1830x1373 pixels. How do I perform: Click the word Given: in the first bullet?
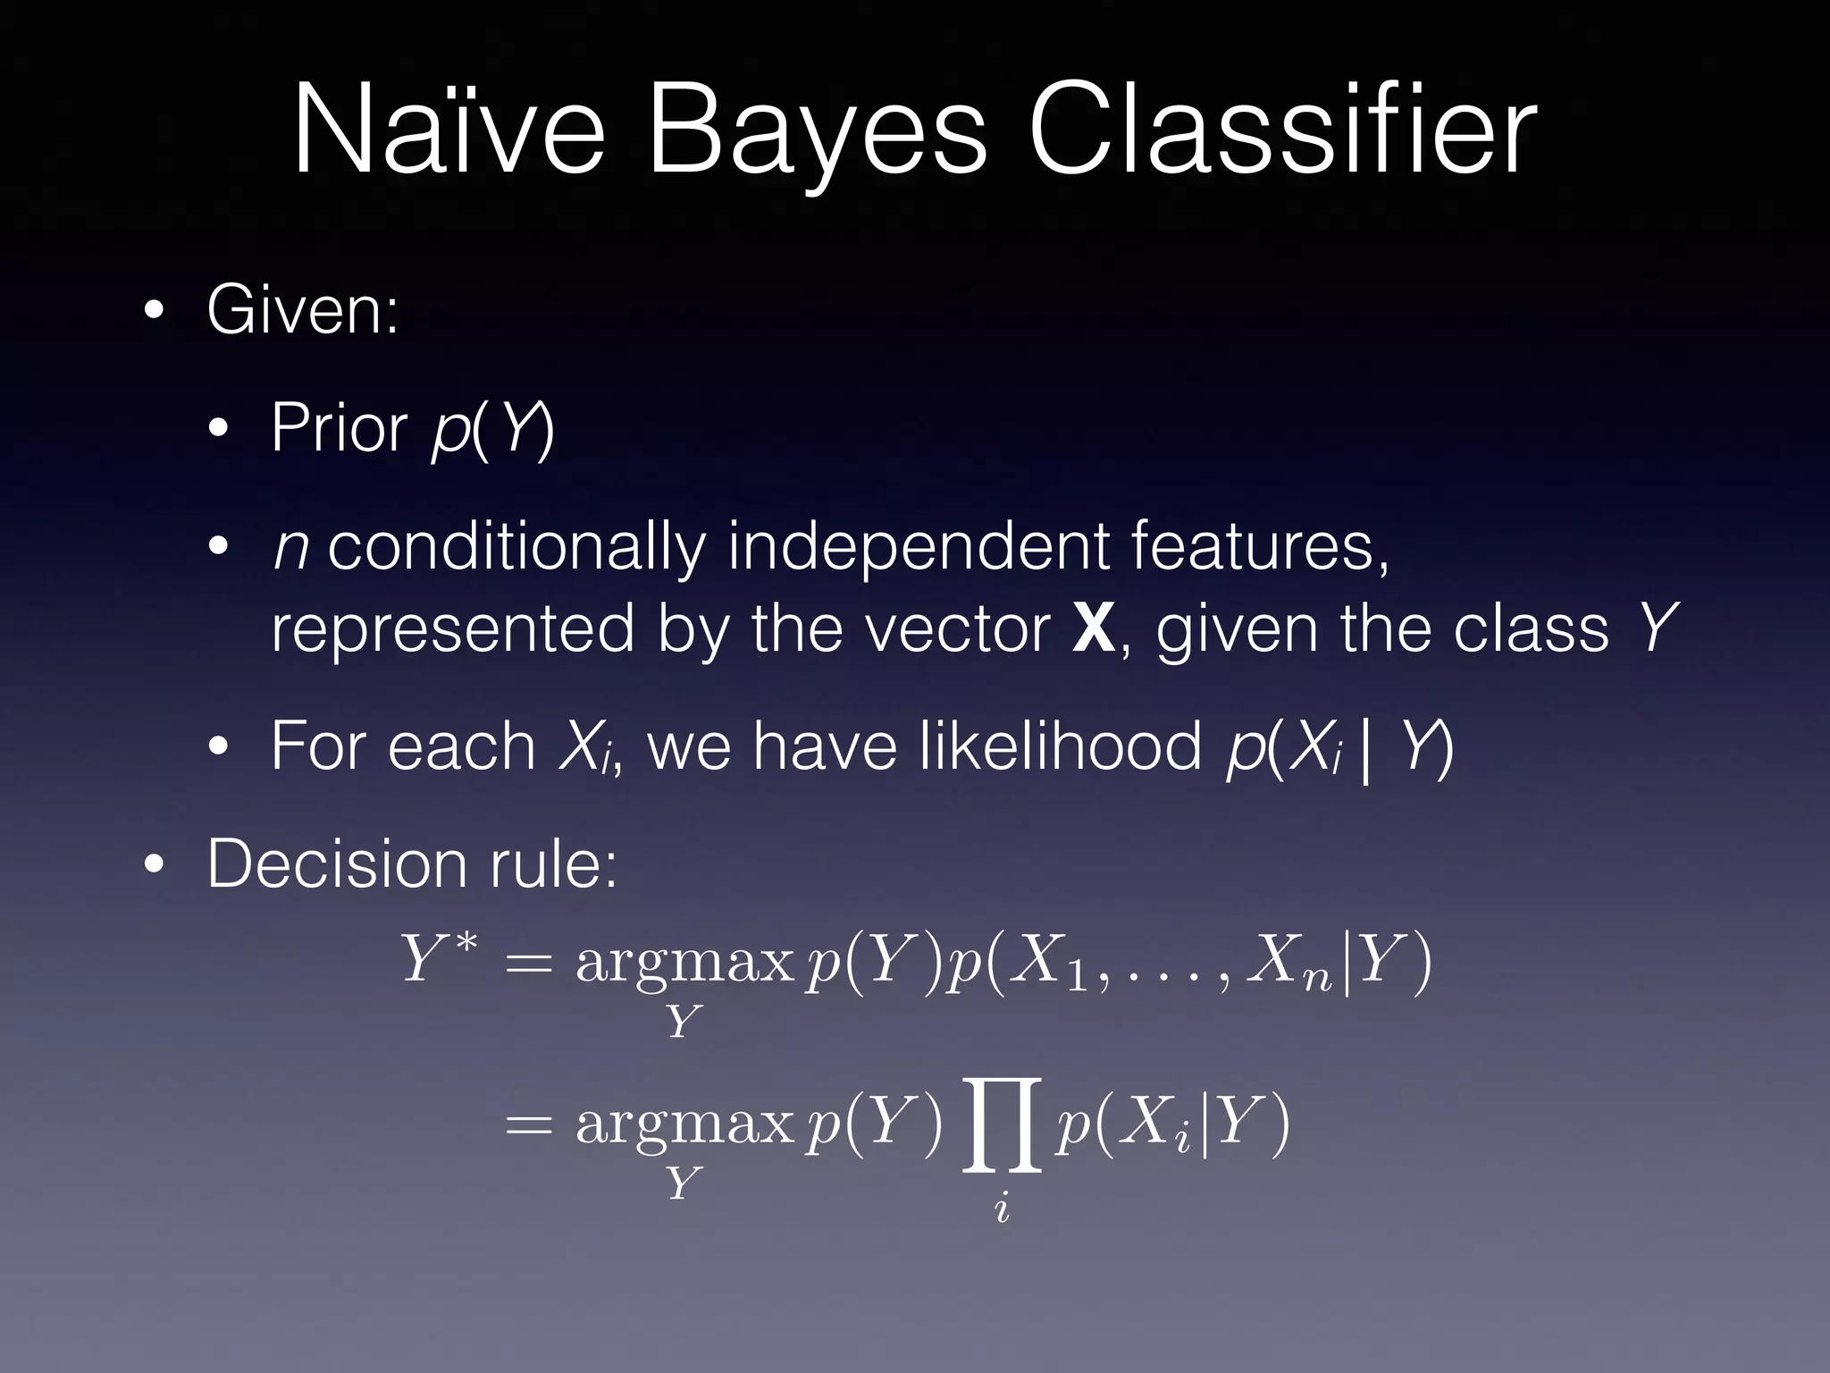tap(303, 310)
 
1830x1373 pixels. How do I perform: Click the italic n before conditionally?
tap(290, 546)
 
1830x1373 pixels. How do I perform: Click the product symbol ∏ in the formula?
tap(1002, 1125)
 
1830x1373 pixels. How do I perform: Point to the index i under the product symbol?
tap(1002, 1209)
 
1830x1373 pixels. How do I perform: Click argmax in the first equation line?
tap(684, 964)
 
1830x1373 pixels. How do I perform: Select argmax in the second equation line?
tap(684, 1125)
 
